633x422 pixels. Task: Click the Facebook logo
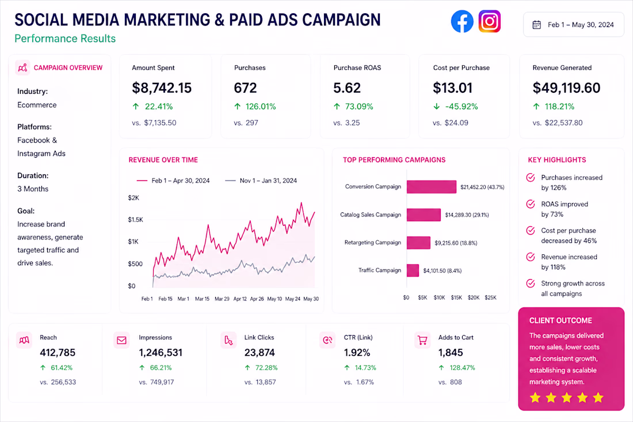[x=462, y=21]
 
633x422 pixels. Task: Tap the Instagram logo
[x=490, y=21]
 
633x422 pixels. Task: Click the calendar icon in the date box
[x=536, y=25]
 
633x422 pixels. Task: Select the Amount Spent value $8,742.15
[x=162, y=88]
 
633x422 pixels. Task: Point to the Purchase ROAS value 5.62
[x=347, y=88]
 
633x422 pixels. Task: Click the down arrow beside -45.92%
[x=436, y=107]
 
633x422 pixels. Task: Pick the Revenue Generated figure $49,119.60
[x=566, y=88]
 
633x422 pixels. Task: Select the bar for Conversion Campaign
[x=432, y=187]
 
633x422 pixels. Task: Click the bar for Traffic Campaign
[x=413, y=271]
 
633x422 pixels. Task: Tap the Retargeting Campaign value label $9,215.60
[x=447, y=243]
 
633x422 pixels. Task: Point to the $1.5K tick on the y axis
[x=136, y=220]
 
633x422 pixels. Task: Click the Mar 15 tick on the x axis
[x=202, y=299]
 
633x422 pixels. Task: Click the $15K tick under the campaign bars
[x=456, y=298]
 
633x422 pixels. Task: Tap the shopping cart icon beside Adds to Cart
[x=422, y=340]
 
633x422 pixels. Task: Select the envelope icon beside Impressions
[x=121, y=340]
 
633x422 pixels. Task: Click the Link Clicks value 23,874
[x=260, y=352]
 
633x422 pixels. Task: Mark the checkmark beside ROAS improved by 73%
[x=531, y=204]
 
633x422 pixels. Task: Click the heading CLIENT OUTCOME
[x=560, y=321]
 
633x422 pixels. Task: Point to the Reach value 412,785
[x=58, y=352]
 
